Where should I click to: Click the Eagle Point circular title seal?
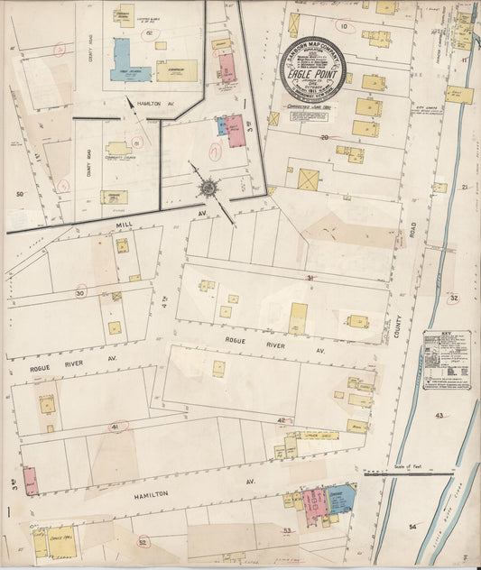312,71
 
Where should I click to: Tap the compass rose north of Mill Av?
209,187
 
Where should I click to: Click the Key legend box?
449,361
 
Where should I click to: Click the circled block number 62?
148,32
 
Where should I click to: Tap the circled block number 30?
81,292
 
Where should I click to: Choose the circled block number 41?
116,426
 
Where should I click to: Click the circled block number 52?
143,542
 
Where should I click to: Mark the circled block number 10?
343,25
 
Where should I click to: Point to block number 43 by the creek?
439,415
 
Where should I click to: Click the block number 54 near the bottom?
413,525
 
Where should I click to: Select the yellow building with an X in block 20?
310,179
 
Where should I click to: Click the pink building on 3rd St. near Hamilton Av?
31,480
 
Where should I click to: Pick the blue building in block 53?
338,501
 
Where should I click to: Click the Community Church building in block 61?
117,148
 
